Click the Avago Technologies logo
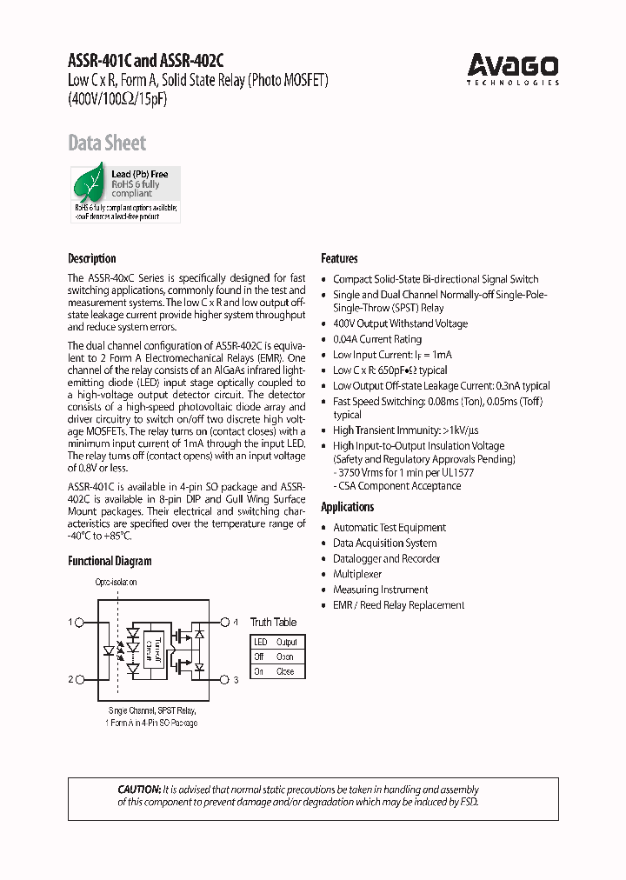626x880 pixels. pyautogui.click(x=513, y=68)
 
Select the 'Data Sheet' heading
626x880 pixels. pyautogui.click(x=107, y=143)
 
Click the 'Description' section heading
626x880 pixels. pyautogui.click(x=91, y=258)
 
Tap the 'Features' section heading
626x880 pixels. pyautogui.click(x=339, y=258)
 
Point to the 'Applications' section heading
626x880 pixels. pyautogui.click(x=347, y=507)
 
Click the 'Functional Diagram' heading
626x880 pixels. pyautogui.click(x=110, y=561)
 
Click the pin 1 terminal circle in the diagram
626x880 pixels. pyautogui.click(x=80, y=623)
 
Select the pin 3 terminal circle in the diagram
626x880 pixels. pyautogui.click(x=223, y=679)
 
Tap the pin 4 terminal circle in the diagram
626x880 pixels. pyautogui.click(x=223, y=623)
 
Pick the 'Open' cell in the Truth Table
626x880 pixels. pyautogui.click(x=285, y=657)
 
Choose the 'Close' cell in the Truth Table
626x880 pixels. pyautogui.click(x=285, y=671)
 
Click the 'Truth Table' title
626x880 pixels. pyautogui.click(x=273, y=622)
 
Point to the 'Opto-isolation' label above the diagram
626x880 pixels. pyautogui.click(x=116, y=582)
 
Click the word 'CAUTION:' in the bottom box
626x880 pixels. pyautogui.click(x=139, y=789)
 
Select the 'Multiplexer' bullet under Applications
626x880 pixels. pyautogui.click(x=357, y=574)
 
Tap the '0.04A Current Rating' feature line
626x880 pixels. pyautogui.click(x=377, y=339)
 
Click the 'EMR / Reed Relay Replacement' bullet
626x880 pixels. pyautogui.click(x=398, y=605)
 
